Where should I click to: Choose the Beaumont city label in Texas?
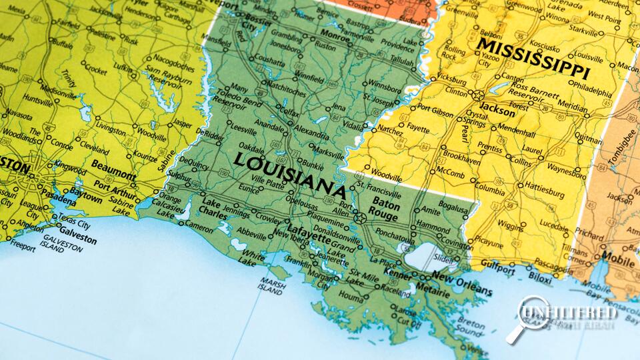113,165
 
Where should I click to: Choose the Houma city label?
351,293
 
